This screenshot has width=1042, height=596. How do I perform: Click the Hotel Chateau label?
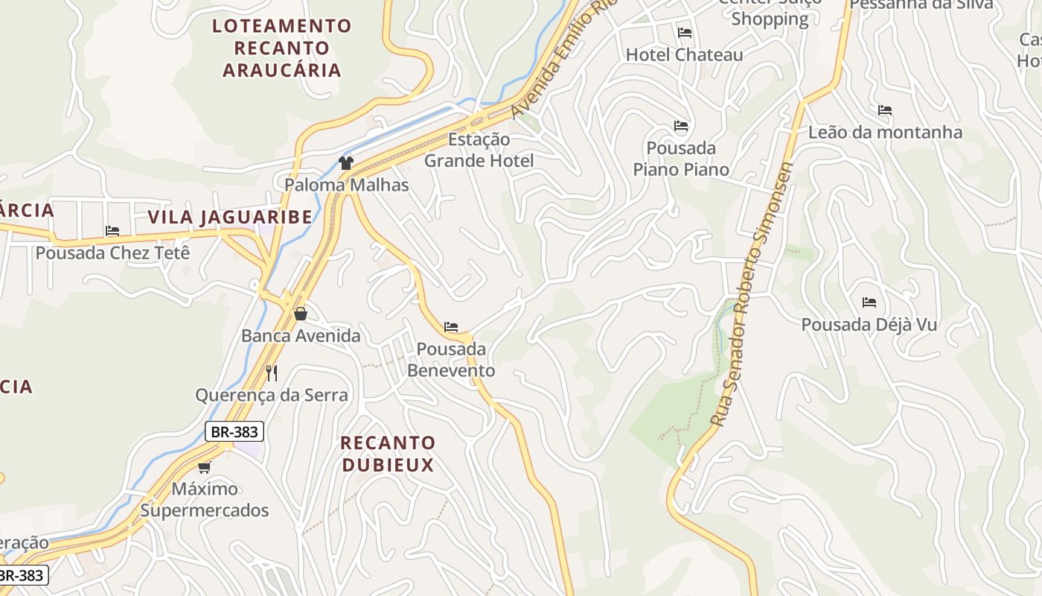pyautogui.click(x=684, y=54)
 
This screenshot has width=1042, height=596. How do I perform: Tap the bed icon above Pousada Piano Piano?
pyautogui.click(x=681, y=126)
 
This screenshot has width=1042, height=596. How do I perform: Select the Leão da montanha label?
pyautogui.click(x=885, y=132)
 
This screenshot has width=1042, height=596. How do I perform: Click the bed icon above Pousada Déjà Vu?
pyautogui.click(x=869, y=302)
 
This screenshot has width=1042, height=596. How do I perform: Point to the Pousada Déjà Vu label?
pyautogui.click(x=869, y=325)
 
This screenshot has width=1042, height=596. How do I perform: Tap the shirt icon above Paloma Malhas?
pyautogui.click(x=345, y=162)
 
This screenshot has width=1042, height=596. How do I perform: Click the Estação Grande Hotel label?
pyautogui.click(x=479, y=150)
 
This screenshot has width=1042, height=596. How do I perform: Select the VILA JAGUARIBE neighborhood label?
pyautogui.click(x=230, y=217)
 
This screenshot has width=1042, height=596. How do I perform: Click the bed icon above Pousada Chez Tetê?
pyautogui.click(x=112, y=231)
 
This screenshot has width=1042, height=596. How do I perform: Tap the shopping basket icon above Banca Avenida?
pyautogui.click(x=301, y=314)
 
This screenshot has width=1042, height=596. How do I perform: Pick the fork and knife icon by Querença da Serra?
pyautogui.click(x=272, y=372)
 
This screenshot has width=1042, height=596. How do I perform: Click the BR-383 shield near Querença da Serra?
pyautogui.click(x=234, y=431)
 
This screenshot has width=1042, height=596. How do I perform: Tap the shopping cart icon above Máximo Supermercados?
pyautogui.click(x=204, y=467)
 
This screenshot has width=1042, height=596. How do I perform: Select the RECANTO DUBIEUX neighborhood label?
pyautogui.click(x=387, y=454)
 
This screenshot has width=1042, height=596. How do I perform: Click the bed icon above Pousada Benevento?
pyautogui.click(x=451, y=326)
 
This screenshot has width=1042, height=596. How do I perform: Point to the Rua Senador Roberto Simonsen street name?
pyautogui.click(x=752, y=294)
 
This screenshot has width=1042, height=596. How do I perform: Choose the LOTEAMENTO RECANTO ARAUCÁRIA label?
pyautogui.click(x=281, y=48)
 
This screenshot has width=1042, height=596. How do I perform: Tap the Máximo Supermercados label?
pyautogui.click(x=205, y=500)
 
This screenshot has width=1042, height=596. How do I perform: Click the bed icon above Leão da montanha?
pyautogui.click(x=884, y=110)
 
